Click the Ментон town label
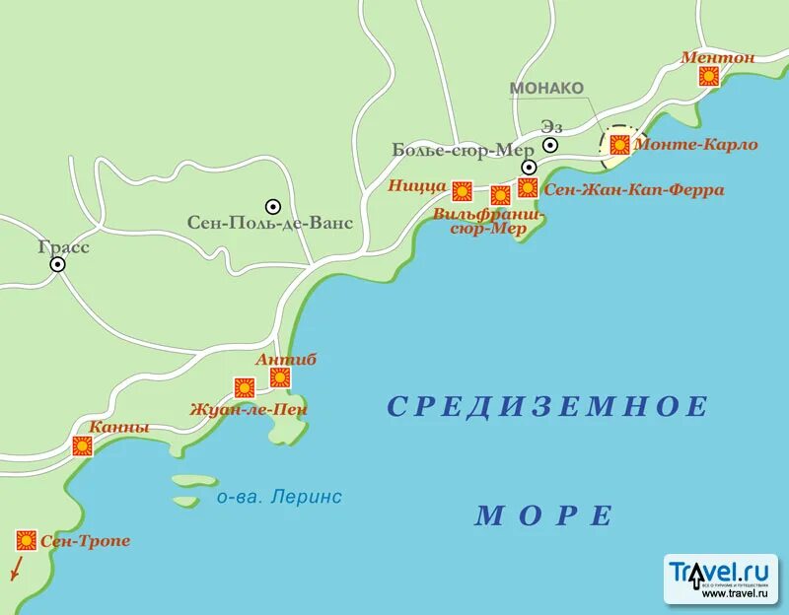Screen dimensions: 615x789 click(717, 57)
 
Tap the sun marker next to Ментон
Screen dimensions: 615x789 click(709, 77)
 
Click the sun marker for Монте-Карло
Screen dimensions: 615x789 click(619, 145)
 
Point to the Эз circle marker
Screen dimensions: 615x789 click(550, 145)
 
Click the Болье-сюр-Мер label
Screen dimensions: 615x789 click(455, 150)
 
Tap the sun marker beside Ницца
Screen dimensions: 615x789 click(462, 190)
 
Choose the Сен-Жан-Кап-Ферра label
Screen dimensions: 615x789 click(620, 189)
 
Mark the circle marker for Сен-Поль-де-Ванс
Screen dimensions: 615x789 click(273, 206)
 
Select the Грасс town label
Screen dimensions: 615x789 click(64, 246)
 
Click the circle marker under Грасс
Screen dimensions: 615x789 click(58, 264)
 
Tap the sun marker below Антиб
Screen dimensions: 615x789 click(280, 377)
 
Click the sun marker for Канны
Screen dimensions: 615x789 click(82, 446)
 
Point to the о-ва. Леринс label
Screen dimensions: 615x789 click(279, 498)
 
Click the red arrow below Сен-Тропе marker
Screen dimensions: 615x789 click(16, 570)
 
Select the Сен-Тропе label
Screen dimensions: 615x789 click(86, 541)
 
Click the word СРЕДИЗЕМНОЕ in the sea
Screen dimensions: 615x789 click(547, 406)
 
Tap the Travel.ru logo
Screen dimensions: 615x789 click(720, 579)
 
